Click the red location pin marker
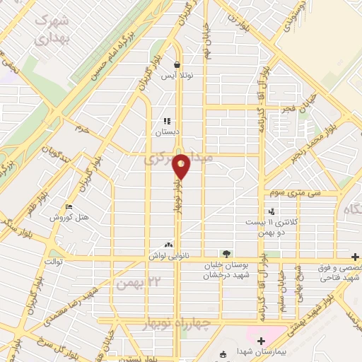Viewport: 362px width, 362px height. [x=181, y=166]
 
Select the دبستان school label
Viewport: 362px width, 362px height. [x=168, y=132]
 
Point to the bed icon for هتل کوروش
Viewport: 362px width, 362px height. [x=69, y=207]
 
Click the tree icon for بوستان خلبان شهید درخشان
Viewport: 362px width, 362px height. [x=226, y=253]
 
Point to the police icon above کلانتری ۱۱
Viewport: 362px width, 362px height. [x=271, y=211]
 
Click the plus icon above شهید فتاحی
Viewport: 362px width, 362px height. [x=356, y=256]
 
